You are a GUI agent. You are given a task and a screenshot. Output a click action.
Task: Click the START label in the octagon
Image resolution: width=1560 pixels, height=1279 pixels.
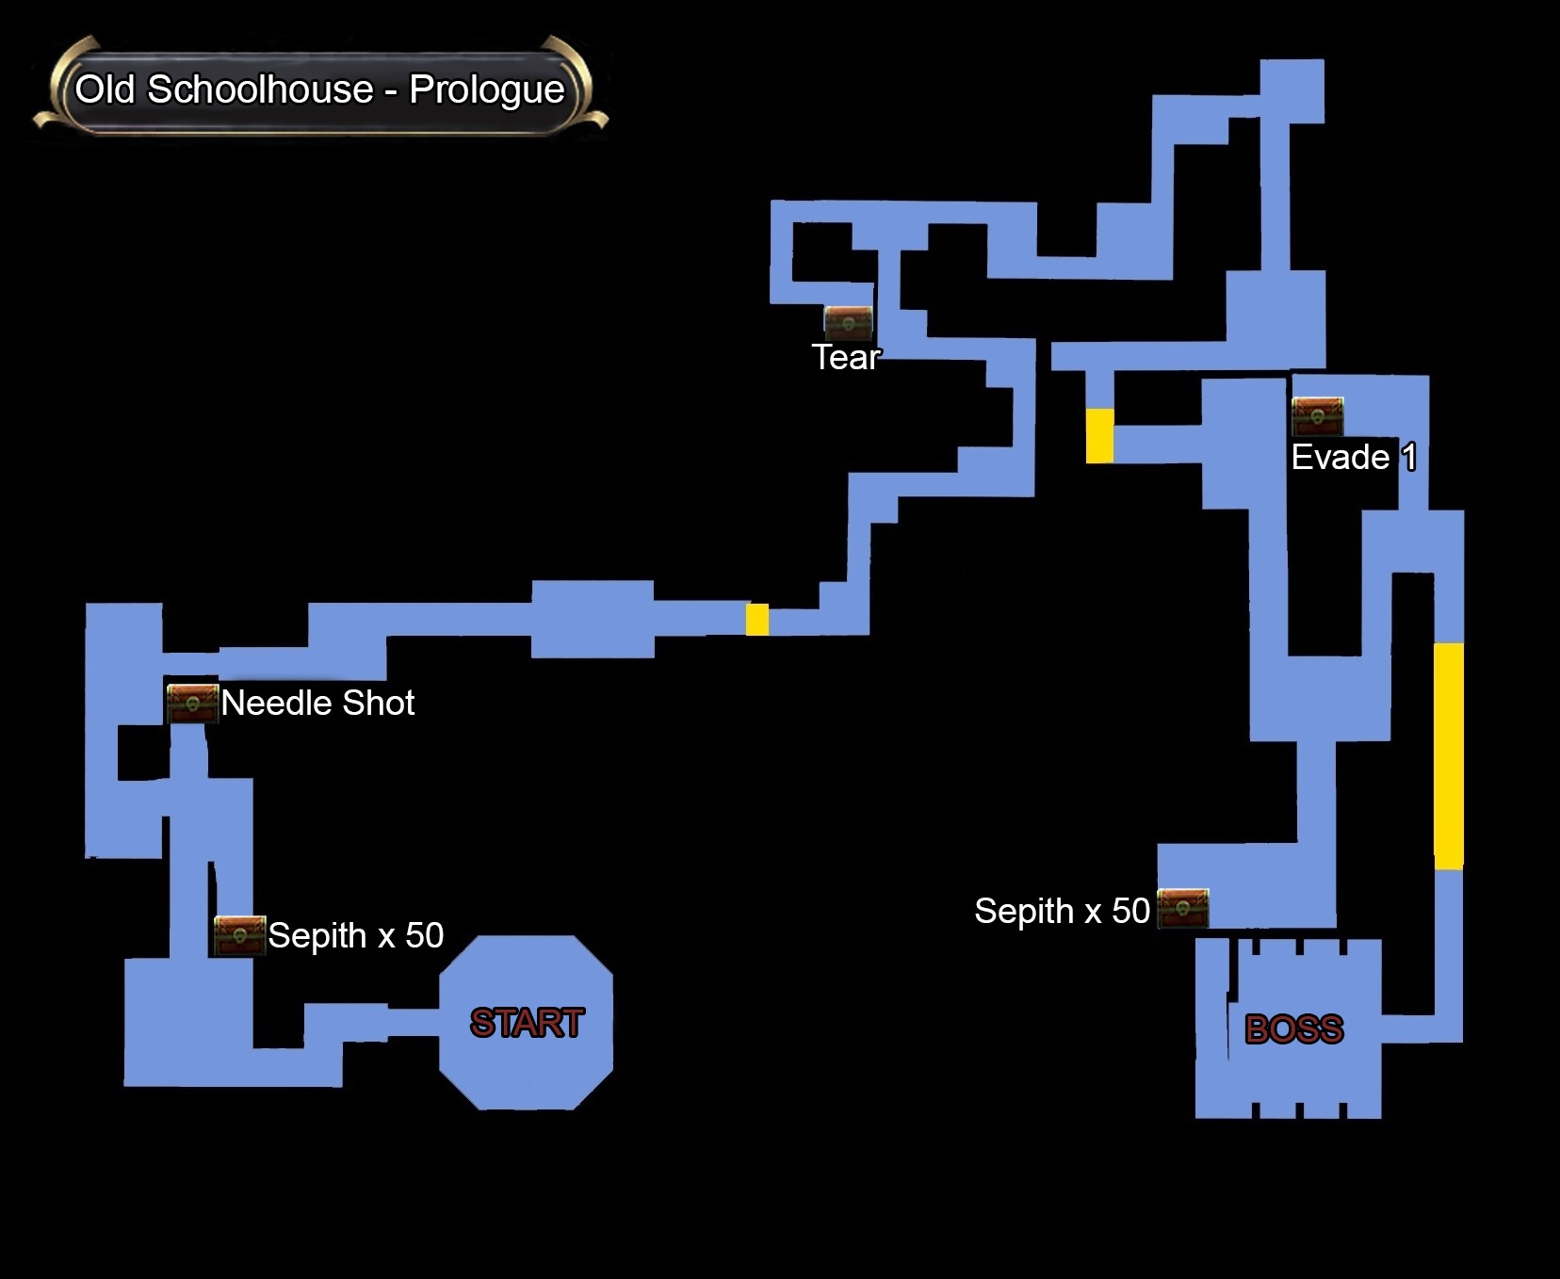click(527, 1023)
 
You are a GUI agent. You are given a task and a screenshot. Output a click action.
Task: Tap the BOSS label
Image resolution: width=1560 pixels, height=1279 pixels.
click(1293, 1029)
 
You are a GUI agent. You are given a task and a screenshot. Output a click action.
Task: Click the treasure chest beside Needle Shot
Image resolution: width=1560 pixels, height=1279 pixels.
click(192, 703)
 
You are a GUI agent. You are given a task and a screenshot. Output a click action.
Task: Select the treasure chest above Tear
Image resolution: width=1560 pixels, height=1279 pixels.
click(848, 322)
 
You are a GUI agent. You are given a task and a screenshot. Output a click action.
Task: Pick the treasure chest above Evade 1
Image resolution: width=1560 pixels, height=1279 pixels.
click(1317, 416)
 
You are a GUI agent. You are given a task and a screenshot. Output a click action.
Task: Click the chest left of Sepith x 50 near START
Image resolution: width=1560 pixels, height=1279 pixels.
click(239, 934)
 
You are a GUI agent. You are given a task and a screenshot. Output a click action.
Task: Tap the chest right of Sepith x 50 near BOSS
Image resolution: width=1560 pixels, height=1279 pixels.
click(1182, 908)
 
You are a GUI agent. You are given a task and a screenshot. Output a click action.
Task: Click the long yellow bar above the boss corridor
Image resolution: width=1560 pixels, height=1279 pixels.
click(1448, 755)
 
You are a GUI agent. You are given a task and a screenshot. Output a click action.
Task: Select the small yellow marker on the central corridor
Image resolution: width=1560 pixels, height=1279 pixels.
click(757, 620)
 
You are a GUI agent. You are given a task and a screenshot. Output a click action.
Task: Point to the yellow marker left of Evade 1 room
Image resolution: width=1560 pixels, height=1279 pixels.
click(1099, 436)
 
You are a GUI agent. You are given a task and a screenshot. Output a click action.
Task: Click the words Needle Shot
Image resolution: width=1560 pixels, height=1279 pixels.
click(317, 703)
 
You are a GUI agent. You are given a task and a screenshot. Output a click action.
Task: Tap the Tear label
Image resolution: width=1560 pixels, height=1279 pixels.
click(846, 358)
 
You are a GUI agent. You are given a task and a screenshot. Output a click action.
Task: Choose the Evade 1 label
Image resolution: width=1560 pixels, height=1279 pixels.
click(1353, 458)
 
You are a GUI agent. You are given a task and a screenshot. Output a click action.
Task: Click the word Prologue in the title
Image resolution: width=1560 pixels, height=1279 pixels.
click(486, 89)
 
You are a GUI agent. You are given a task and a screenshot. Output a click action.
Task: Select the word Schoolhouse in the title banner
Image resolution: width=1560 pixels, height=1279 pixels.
click(260, 89)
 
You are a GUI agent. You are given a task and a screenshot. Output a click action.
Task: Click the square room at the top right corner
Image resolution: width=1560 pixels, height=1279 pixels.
click(1292, 90)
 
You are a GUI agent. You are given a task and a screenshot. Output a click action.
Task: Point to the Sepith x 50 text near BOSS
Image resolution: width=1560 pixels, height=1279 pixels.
click(1062, 911)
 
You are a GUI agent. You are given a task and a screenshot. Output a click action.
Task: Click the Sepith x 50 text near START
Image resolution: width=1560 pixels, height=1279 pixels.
click(355, 935)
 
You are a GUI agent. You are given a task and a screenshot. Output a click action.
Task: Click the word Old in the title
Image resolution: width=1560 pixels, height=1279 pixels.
click(106, 89)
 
